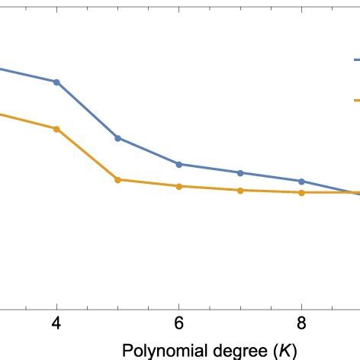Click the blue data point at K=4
[56, 82]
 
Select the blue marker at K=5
[117, 138]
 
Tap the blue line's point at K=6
[179, 164]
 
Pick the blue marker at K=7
[240, 172]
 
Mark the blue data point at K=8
[301, 181]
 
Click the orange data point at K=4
[56, 129]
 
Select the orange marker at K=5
[117, 180]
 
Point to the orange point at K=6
[179, 186]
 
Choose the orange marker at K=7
[240, 190]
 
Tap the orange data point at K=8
[301, 193]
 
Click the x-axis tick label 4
[56, 323]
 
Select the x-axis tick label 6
[179, 323]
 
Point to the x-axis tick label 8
[301, 323]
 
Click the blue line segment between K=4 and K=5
[87, 110]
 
